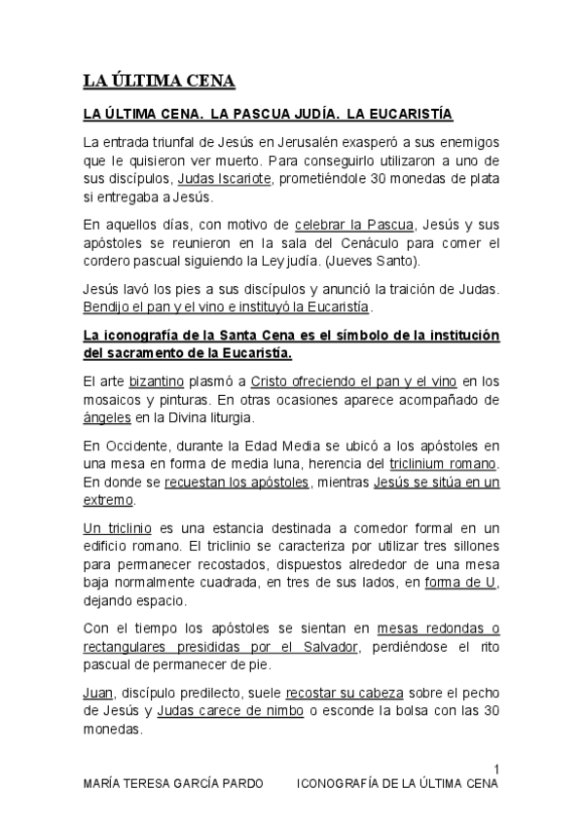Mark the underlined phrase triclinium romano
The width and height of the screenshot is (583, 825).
pos(444,463)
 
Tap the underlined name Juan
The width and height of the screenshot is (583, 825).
pos(98,694)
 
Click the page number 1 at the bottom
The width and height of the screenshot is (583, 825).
pos(495,769)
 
